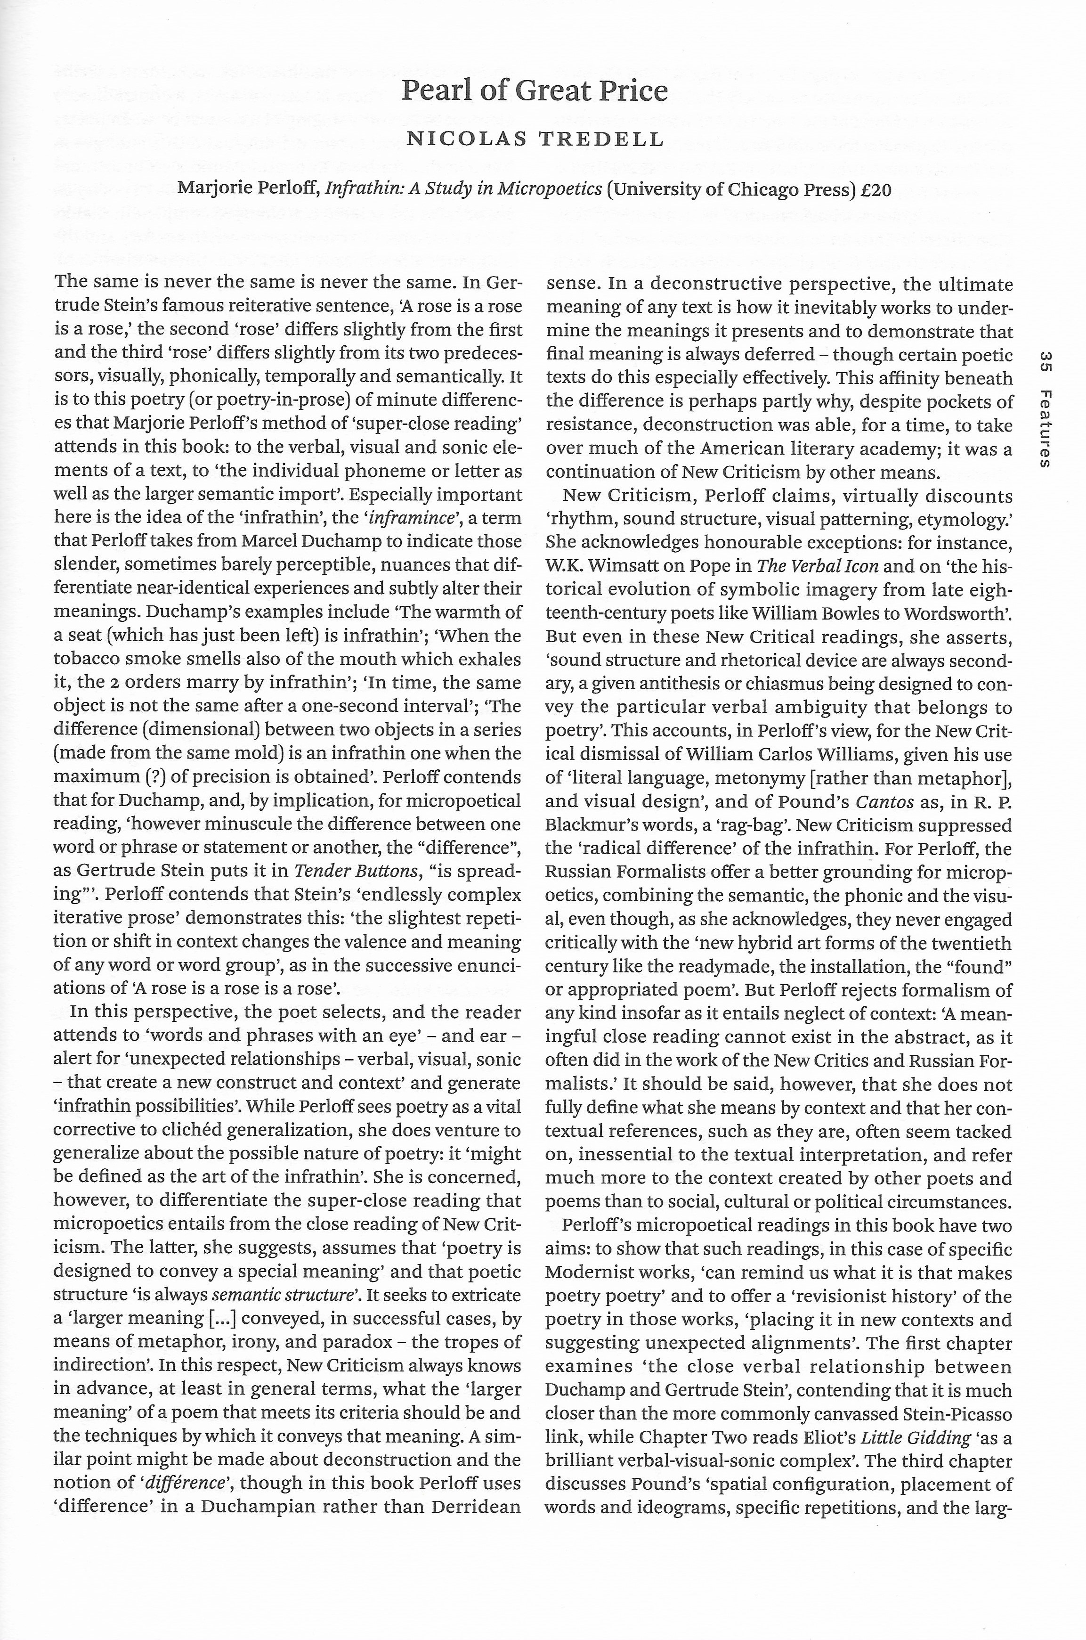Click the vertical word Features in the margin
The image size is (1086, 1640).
pyautogui.click(x=1046, y=430)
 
